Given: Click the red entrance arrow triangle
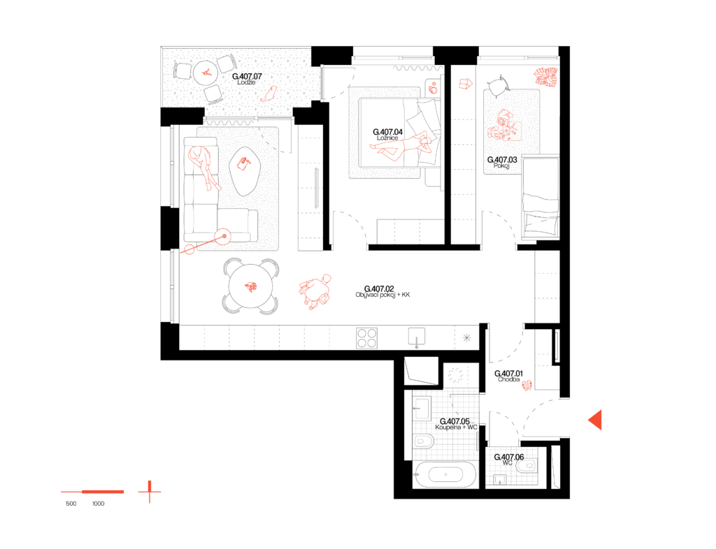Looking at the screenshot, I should click(596, 420).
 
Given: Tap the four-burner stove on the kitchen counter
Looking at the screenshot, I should click(366, 338).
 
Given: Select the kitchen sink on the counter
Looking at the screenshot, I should click(417, 337).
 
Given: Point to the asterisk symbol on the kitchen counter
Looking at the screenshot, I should click(466, 338).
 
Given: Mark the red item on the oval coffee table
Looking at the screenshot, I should click(243, 163).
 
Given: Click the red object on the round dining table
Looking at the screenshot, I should click(251, 286).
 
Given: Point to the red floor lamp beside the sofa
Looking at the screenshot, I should click(210, 242).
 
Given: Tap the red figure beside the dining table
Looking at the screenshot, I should click(315, 291).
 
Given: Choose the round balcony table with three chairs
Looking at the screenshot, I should click(206, 73).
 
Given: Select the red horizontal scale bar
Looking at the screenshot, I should click(93, 492).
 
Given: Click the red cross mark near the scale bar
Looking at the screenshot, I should click(150, 492).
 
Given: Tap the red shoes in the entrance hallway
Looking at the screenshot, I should click(527, 385).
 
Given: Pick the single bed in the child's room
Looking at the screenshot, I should click(540, 197).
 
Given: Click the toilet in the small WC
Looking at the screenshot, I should click(527, 465).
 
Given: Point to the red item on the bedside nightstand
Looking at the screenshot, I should click(433, 88).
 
